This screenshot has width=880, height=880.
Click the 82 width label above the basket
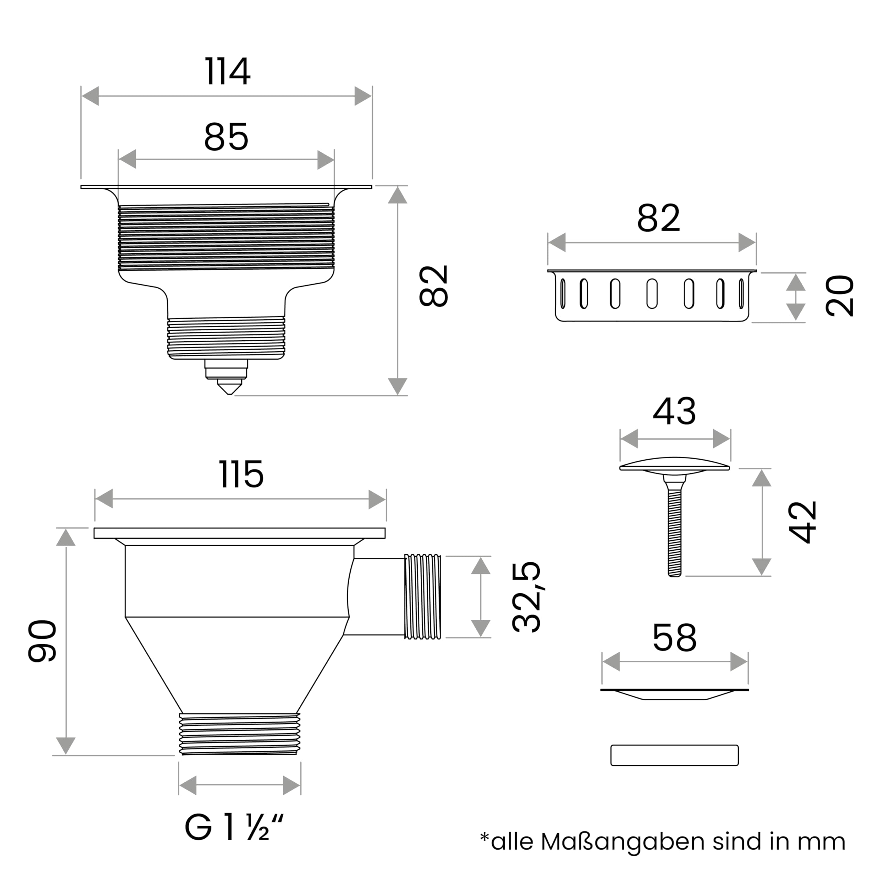[658, 218]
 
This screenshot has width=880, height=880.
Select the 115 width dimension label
[241, 474]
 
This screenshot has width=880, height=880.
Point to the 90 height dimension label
[42, 640]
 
